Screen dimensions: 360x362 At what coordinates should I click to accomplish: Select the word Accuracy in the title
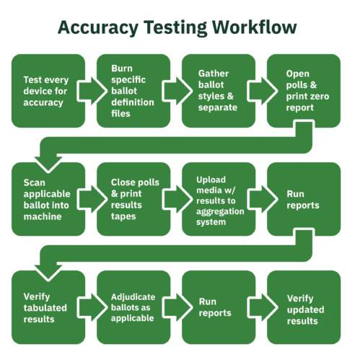click(98, 28)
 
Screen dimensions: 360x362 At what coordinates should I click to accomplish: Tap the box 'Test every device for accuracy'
click(48, 91)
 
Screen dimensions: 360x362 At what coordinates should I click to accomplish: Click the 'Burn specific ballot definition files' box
click(133, 91)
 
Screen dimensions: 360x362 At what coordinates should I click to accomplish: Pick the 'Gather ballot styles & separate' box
click(219, 91)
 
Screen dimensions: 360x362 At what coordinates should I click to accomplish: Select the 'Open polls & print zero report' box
click(304, 91)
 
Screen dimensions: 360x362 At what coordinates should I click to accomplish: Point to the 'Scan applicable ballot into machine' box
click(48, 199)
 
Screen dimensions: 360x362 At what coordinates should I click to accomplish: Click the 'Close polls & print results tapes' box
click(133, 199)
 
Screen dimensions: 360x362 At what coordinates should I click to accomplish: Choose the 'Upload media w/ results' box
click(219, 199)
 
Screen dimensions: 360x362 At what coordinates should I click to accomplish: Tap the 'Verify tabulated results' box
click(48, 307)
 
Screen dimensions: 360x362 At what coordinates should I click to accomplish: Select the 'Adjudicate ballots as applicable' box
click(133, 307)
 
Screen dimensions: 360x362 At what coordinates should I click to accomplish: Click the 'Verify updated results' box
click(304, 307)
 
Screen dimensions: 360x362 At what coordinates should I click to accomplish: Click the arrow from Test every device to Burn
click(92, 91)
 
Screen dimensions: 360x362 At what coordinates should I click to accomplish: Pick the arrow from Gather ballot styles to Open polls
click(262, 91)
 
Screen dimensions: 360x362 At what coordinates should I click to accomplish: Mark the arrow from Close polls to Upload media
click(177, 199)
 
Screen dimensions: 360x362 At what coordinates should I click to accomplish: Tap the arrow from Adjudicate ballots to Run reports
click(177, 307)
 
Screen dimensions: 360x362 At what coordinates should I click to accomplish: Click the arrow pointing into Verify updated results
click(262, 307)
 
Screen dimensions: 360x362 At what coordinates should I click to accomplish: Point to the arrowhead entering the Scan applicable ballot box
click(48, 164)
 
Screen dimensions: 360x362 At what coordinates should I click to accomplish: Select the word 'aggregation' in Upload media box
click(220, 212)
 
